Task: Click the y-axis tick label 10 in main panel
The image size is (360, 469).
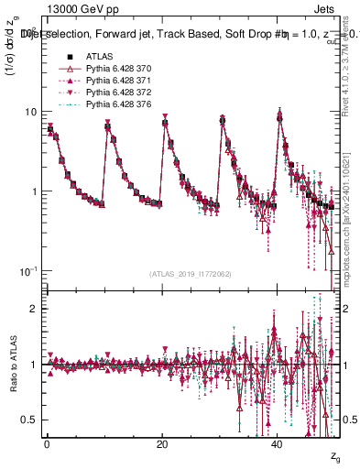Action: click(x=30, y=112)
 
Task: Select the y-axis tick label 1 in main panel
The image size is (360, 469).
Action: click(x=34, y=191)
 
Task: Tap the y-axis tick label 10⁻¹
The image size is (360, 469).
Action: click(x=28, y=271)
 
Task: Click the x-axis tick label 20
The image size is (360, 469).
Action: click(x=162, y=443)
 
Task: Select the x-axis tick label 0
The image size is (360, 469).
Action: click(x=47, y=443)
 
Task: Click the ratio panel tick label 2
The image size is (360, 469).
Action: click(x=34, y=309)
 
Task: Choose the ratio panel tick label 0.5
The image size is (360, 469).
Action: click(x=29, y=420)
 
